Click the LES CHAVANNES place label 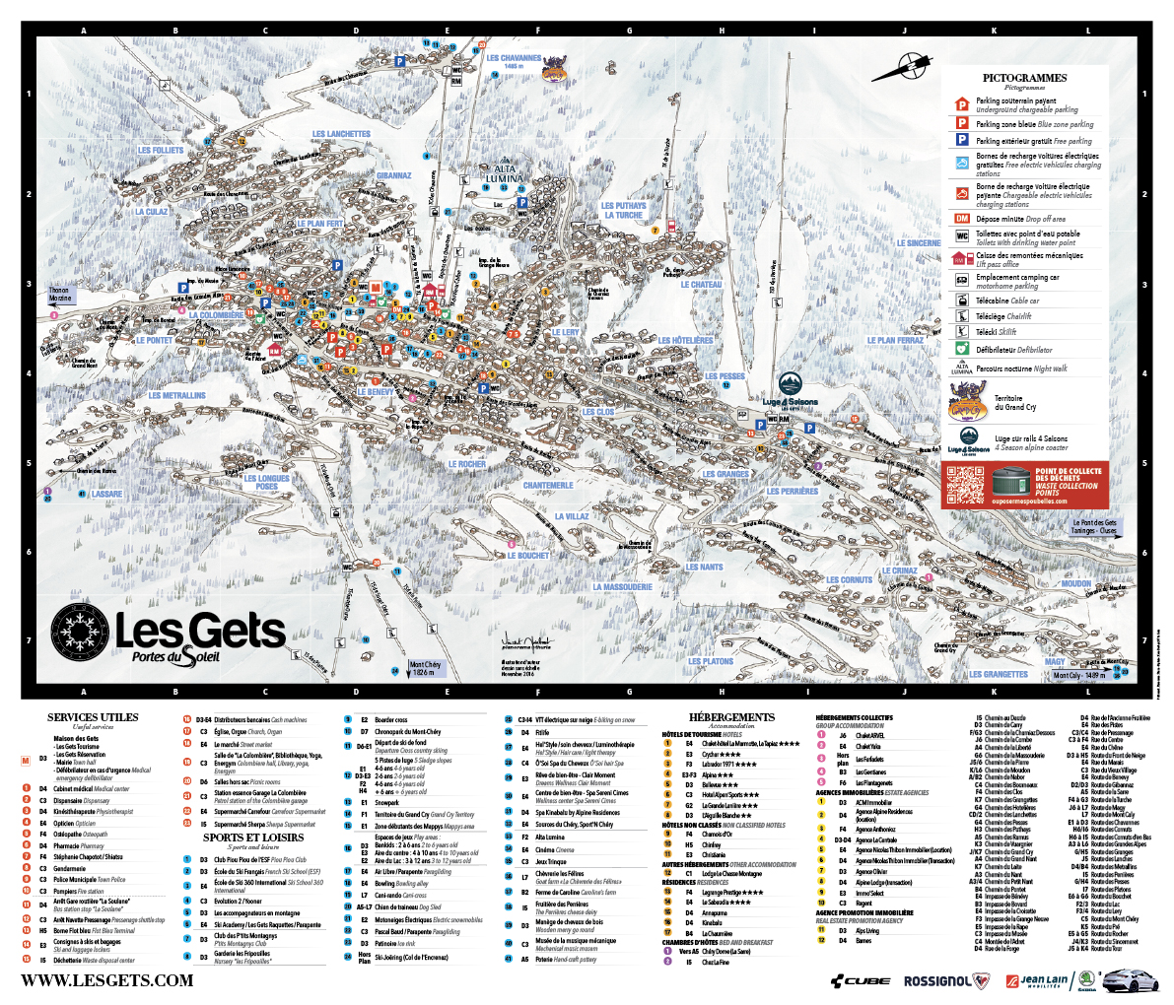[514, 58]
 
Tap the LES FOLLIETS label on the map [161, 151]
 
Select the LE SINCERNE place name [919, 242]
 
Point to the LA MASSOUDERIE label [622, 587]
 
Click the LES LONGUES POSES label [267, 483]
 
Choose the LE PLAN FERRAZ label [895, 341]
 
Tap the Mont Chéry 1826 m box [425, 668]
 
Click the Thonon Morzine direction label [59, 295]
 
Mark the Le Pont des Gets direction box [1094, 527]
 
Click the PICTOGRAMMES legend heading [1024, 78]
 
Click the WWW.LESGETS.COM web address [107, 980]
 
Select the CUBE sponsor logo [860, 981]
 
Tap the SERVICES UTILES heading [93, 717]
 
